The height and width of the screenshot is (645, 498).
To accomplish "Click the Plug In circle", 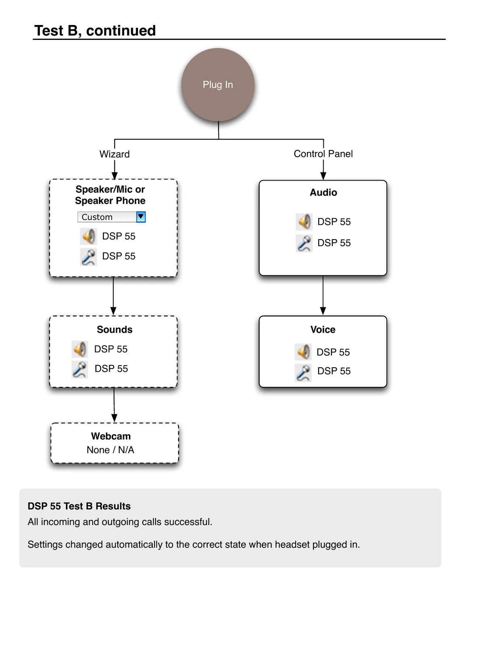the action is coord(218,85).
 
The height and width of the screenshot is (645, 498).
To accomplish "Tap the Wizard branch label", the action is coord(114,154).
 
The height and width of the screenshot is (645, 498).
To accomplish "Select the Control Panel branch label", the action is coord(323,154).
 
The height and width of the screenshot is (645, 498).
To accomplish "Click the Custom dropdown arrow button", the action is coord(141,217).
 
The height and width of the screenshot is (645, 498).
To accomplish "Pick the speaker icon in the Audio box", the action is coord(304,222).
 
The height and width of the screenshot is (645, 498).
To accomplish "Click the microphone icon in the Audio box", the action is coord(304,243).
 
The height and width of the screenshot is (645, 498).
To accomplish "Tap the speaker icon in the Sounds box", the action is coord(80,349).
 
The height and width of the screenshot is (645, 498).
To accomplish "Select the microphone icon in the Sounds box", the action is coord(80,370).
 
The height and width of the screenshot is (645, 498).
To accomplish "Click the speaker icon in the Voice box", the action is coord(303,352).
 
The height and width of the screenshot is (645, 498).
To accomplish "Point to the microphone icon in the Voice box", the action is coord(303,373).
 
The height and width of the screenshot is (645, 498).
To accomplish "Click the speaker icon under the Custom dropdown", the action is coord(88,236).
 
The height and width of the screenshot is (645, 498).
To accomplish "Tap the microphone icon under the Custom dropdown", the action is coord(88,257).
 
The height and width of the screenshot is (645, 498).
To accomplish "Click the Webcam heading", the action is coord(111,436).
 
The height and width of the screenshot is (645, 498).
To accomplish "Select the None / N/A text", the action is coord(110,450).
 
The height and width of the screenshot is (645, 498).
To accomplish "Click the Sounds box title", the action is coord(114,329).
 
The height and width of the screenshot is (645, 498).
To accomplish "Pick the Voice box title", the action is coord(323,329).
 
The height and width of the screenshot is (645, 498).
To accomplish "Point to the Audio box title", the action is coord(323,192).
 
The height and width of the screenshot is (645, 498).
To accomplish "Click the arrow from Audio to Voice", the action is coord(323,295).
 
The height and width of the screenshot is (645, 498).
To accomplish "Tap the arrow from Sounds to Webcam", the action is coord(114,405).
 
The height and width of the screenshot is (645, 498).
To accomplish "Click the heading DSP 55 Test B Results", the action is coord(79,506).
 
